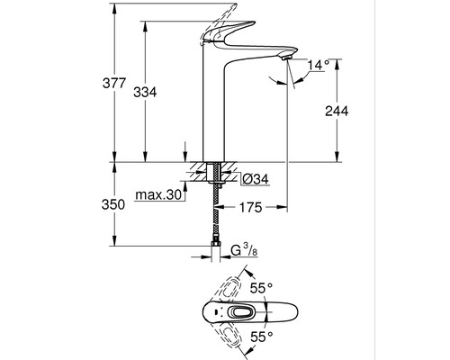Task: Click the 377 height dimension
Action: (114, 83)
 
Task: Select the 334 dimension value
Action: (145, 92)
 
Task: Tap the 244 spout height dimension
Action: (337, 112)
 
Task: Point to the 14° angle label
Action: (319, 65)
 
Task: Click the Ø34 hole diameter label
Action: (256, 179)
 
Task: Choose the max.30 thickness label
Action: (158, 195)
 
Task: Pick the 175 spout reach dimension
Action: (251, 207)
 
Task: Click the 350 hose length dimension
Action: (113, 204)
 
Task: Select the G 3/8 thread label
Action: (245, 250)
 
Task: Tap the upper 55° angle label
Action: (262, 288)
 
